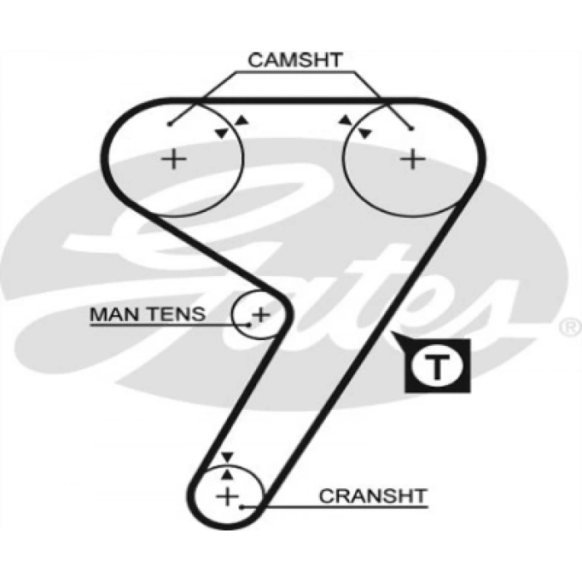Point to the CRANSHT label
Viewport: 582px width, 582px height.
click(x=372, y=496)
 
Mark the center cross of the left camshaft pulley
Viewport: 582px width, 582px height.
click(x=174, y=158)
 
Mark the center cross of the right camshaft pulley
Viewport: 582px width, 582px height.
click(x=412, y=158)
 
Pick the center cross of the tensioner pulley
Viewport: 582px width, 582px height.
click(x=261, y=314)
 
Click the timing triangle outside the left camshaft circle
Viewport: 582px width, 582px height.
click(x=241, y=121)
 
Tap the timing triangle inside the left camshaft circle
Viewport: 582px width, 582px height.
click(x=220, y=133)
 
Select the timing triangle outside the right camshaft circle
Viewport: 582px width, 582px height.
click(x=344, y=121)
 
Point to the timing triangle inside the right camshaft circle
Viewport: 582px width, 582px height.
click(x=364, y=133)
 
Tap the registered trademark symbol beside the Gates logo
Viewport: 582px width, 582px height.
click(x=570, y=326)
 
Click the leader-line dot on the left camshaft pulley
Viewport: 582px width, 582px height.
click(x=169, y=126)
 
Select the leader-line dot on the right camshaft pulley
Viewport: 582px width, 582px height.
click(x=412, y=127)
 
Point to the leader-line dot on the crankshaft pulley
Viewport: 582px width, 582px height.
click(x=240, y=505)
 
